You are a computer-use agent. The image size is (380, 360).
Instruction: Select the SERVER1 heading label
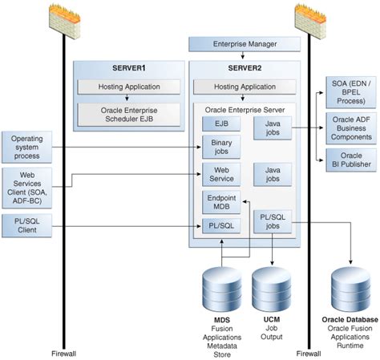(x=118, y=68)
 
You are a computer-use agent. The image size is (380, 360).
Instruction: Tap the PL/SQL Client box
(x=26, y=226)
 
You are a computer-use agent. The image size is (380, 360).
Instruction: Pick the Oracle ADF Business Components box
(x=350, y=128)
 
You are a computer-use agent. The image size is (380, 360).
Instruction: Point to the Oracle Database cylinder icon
(x=350, y=287)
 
